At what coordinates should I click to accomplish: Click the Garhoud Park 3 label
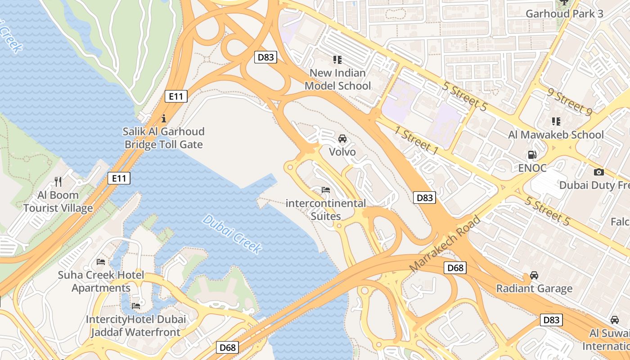click(564, 13)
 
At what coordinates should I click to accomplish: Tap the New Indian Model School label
click(337, 79)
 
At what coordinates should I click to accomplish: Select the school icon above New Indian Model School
click(337, 59)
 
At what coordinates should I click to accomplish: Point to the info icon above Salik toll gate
click(164, 119)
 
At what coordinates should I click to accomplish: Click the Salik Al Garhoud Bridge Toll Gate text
click(164, 138)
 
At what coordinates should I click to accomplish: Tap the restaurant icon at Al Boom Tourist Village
click(58, 181)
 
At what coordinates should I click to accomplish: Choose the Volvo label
click(342, 152)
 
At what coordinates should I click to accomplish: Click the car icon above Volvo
click(342, 138)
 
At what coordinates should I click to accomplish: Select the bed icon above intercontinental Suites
click(326, 190)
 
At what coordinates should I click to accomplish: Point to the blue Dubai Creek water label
click(232, 234)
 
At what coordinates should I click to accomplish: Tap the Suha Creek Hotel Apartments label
click(101, 281)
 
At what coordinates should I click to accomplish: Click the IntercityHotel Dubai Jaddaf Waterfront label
click(136, 326)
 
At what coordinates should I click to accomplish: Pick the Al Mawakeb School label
click(556, 135)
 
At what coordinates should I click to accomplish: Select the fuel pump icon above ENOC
click(532, 155)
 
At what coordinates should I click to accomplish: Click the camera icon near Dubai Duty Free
click(598, 172)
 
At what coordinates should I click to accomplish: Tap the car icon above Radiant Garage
click(534, 275)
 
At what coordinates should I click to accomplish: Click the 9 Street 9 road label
click(570, 102)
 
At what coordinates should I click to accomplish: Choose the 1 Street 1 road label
click(416, 141)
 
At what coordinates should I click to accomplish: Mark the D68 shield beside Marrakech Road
click(455, 268)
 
